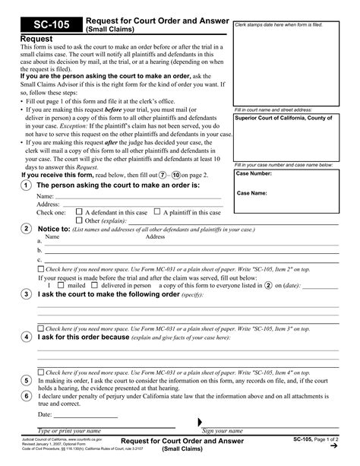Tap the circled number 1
tap(27, 185)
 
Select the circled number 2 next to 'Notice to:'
tap(27, 228)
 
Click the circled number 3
tap(27, 293)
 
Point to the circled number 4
tap(27, 336)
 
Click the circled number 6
tap(27, 395)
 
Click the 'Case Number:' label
tap(254, 173)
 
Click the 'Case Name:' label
tap(252, 193)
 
